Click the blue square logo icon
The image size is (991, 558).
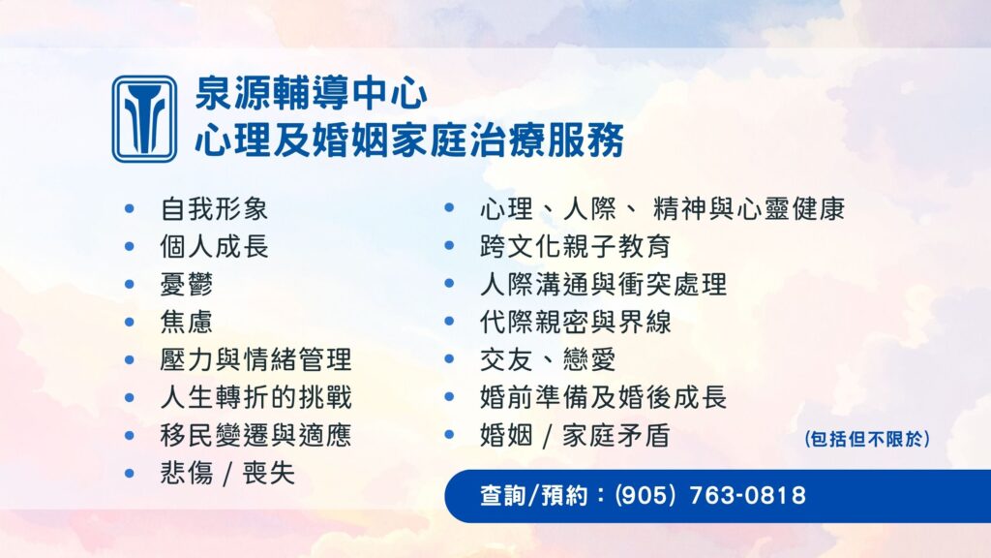pos(144,118)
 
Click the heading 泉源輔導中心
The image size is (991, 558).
pos(311,94)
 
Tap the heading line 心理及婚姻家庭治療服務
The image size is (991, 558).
pos(408,140)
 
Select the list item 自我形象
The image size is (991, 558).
pos(214,208)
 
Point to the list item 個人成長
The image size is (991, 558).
pos(214,246)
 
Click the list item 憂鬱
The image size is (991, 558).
pos(187,284)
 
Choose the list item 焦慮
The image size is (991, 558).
pos(187,322)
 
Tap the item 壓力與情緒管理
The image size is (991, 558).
pos(255,359)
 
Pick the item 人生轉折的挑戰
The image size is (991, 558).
pos(255,397)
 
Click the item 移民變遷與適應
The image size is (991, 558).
pos(255,435)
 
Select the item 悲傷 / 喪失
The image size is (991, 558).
pos(227,473)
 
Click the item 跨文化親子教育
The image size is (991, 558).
pos(575,246)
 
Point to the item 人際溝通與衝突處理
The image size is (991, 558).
pos(602,284)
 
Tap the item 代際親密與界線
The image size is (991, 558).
pos(575,322)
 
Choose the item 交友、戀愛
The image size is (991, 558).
pos(547,359)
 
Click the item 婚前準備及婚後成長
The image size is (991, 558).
pos(602,397)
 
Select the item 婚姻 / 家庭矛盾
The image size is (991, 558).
pos(575,435)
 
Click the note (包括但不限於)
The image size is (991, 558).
pos(867,439)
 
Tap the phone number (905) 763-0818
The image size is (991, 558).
pos(709,496)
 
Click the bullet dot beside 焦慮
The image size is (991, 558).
pos(130,322)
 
